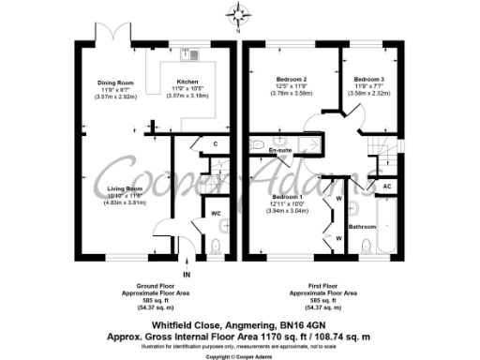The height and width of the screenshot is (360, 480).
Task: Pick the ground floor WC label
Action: [216, 213]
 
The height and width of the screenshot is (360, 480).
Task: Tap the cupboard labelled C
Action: [215, 143]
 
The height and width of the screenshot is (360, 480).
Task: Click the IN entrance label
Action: [187, 274]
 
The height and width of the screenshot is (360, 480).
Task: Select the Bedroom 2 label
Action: [292, 78]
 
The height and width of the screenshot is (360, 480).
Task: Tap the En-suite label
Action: [279, 150]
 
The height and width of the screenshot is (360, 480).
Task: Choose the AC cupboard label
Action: [387, 186]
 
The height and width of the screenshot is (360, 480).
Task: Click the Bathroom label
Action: [363, 227]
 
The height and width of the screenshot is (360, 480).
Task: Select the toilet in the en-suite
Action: [257, 143]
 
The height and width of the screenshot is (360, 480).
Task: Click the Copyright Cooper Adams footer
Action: [240, 356]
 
